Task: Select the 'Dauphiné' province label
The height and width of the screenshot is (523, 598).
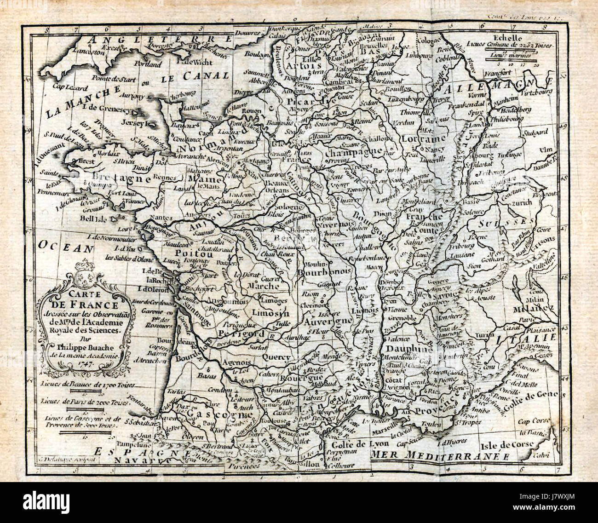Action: coord(409,349)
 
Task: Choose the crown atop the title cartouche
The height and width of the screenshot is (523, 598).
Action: coord(83,265)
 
